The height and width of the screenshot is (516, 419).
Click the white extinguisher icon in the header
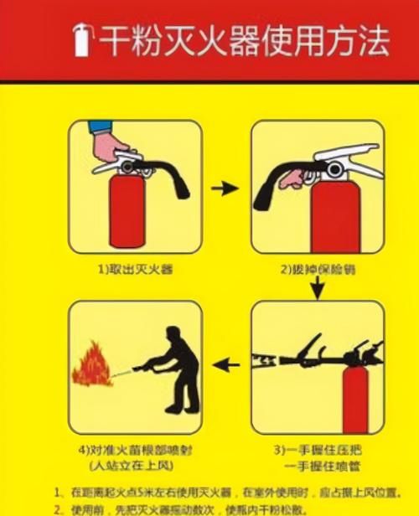point(81,39)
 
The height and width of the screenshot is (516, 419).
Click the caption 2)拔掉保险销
point(316,270)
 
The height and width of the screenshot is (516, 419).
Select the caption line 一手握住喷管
point(323,465)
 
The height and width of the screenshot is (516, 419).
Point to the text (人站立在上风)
point(136,465)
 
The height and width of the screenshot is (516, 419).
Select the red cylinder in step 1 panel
point(130,214)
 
